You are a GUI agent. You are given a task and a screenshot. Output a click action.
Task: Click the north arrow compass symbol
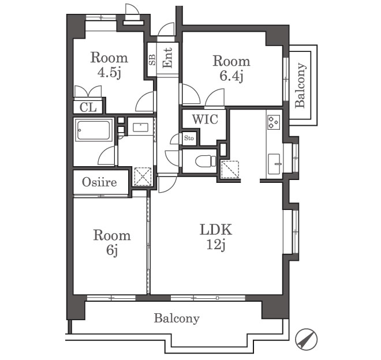[x=306, y=339]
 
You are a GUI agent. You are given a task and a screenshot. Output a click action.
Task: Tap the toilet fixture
[x=206, y=161]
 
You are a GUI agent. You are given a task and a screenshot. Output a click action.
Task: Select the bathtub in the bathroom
[x=94, y=130]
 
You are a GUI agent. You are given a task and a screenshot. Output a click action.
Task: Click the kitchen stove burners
[x=274, y=122]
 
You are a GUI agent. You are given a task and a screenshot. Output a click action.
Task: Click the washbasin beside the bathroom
[x=141, y=127]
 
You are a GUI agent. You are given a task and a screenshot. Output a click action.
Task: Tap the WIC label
[x=205, y=119]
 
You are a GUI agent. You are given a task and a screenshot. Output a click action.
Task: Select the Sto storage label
[x=189, y=138]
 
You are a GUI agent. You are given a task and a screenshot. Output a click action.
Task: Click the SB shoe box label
[x=152, y=59]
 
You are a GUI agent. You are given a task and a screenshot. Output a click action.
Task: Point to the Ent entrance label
[x=167, y=58]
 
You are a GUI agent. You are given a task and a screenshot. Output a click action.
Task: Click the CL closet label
[x=88, y=107]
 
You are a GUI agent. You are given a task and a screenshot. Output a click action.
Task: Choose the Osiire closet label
[x=99, y=182]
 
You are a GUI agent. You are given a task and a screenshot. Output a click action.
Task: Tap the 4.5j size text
[x=109, y=72]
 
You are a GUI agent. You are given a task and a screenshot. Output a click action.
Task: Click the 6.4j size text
[x=231, y=76]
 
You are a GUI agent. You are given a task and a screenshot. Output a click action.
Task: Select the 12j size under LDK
[x=216, y=245]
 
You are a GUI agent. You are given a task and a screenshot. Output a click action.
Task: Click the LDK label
[x=216, y=229]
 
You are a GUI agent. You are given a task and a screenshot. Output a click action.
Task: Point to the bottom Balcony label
[x=177, y=318]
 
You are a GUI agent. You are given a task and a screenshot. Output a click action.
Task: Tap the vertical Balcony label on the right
[x=300, y=85]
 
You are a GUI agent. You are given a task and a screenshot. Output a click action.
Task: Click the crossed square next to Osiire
[x=143, y=177]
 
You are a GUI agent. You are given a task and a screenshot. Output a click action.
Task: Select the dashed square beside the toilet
[x=230, y=169]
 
